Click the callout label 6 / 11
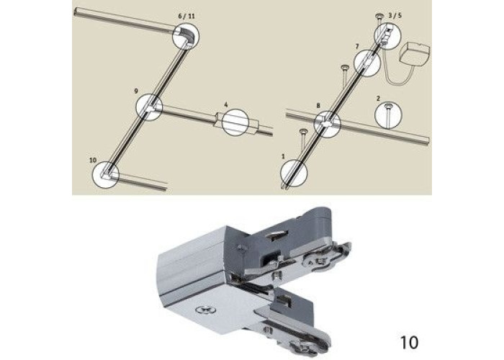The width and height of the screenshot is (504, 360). (186, 17)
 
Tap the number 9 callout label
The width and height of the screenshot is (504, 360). (136, 91)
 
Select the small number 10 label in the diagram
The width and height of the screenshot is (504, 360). (93, 160)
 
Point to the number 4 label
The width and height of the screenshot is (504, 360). (226, 105)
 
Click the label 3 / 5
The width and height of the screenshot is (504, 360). (395, 15)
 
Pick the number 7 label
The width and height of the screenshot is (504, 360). (357, 47)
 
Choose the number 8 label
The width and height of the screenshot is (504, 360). (318, 105)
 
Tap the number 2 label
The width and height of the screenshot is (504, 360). (378, 99)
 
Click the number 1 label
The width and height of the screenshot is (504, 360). (283, 156)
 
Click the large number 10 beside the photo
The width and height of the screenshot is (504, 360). (410, 342)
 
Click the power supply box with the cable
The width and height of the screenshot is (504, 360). (415, 55)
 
